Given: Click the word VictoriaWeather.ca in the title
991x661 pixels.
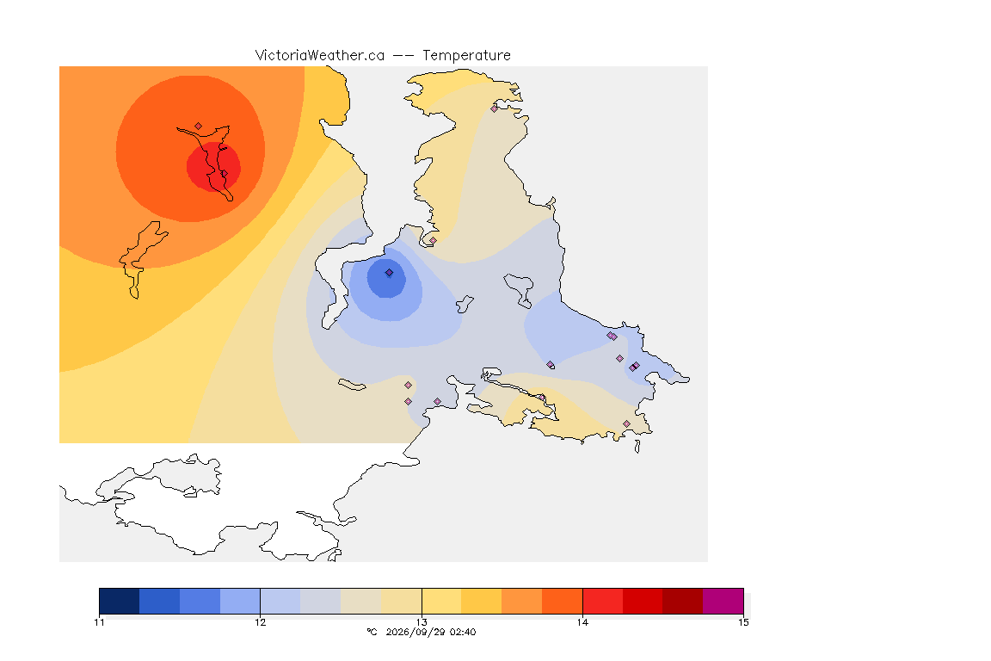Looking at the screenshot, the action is point(320,55).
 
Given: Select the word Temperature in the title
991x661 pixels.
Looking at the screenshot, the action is point(466,56).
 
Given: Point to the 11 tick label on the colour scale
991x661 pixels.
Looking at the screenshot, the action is point(99,622).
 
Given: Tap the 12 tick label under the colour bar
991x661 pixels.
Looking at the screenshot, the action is point(261,622).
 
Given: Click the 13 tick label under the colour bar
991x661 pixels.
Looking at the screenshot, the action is point(422,622).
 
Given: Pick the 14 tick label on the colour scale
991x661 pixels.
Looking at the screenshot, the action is point(582,622).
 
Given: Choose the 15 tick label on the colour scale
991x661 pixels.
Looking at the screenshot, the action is point(743,622).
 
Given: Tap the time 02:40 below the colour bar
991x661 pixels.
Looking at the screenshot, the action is point(462,632).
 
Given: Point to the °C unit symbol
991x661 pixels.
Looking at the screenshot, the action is point(372,632).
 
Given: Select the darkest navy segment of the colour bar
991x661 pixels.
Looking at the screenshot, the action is point(120,601).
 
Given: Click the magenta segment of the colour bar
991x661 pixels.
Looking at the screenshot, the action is point(723,601).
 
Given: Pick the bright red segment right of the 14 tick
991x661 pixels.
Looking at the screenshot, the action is point(602,601).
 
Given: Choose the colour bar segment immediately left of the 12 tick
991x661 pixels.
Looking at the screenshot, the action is point(240,601).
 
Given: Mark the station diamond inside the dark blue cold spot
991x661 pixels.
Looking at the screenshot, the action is point(390,273).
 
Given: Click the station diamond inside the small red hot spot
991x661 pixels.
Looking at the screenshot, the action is point(224,173).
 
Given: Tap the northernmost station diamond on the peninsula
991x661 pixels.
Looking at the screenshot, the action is point(495,108).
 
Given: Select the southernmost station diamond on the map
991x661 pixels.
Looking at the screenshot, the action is point(626,423).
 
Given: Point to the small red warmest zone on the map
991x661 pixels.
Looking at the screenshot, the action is point(213,166).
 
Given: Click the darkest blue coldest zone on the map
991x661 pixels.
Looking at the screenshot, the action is point(386,278).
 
